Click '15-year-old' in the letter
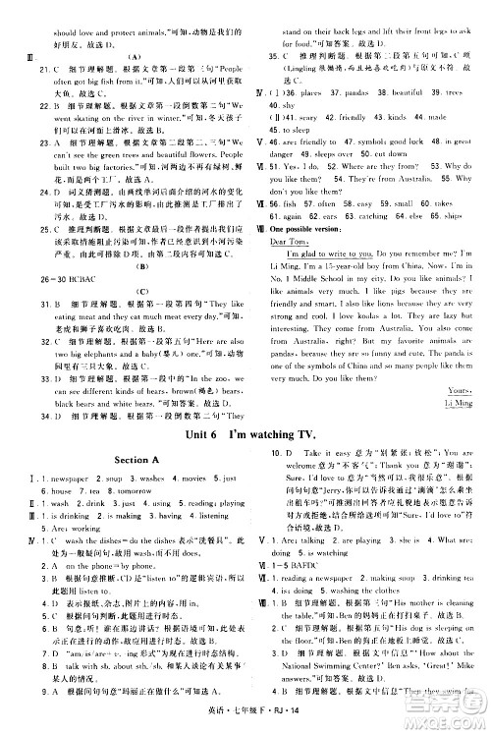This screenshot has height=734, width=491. (x=349, y=267)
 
